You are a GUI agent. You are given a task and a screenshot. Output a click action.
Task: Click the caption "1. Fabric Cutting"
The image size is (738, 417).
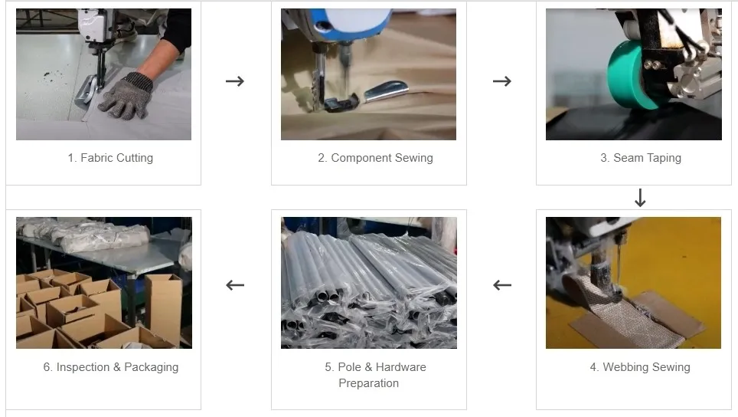tap(110, 158)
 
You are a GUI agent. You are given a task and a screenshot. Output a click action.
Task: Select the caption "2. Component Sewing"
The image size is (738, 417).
tap(375, 158)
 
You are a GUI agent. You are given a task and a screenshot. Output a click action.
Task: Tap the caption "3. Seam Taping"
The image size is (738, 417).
tap(640, 158)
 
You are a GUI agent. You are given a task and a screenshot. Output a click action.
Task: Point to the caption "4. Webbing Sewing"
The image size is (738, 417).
tap(640, 367)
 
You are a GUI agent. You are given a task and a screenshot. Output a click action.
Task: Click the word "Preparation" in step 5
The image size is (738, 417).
tap(368, 383)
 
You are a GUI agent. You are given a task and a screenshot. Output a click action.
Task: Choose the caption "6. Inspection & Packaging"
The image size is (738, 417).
tap(110, 367)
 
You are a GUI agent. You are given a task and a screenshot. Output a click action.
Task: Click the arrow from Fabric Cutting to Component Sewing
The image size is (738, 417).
tap(235, 81)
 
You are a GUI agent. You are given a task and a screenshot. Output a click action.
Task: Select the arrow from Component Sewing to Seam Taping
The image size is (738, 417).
tap(501, 81)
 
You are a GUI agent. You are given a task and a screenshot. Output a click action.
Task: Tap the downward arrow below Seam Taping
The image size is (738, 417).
tap(640, 199)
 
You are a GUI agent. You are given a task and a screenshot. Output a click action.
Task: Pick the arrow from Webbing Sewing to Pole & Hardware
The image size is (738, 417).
tap(501, 285)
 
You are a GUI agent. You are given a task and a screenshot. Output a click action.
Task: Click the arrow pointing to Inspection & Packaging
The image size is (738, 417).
tap(235, 285)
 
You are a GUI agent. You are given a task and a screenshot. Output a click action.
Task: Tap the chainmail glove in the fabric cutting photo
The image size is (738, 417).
tap(126, 95)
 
